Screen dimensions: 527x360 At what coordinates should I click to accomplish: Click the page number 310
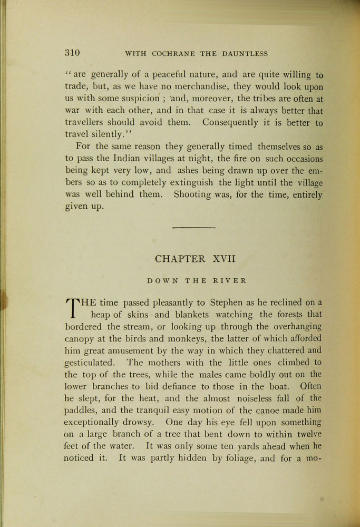(x=72, y=53)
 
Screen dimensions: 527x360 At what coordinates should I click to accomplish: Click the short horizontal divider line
(x=194, y=228)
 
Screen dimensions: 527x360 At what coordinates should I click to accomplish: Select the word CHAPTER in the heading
(x=180, y=259)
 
